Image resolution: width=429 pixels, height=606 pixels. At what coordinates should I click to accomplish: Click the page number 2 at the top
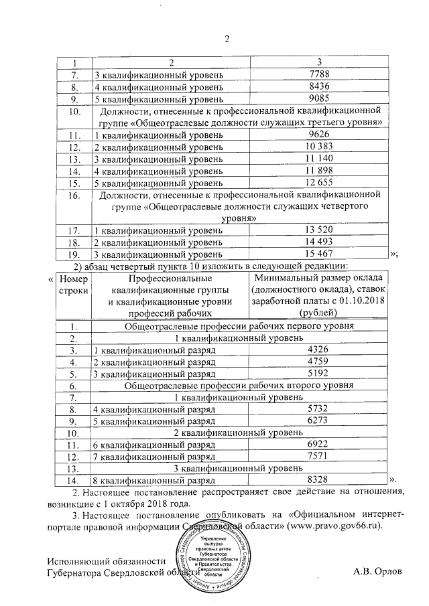click(227, 37)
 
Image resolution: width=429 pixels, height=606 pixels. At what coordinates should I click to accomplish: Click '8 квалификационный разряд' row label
click(154, 480)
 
